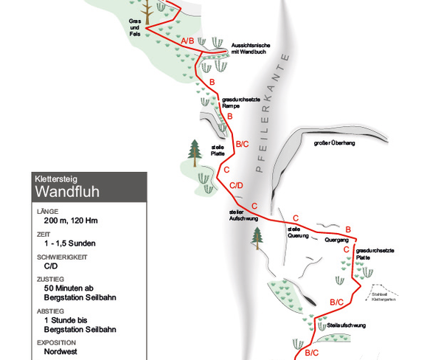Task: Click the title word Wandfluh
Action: tap(67, 192)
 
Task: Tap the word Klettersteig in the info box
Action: tap(56, 179)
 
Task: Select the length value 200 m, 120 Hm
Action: tap(71, 221)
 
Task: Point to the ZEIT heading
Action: tap(44, 235)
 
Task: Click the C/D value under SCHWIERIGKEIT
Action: tap(51, 266)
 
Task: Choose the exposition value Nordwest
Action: tap(60, 352)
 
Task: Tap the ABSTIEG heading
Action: tap(51, 311)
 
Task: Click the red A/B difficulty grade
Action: tap(187, 41)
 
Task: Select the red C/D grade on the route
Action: tap(237, 186)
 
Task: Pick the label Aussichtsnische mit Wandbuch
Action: tap(251, 49)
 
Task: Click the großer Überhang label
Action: tap(335, 143)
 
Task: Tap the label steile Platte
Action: tap(218, 150)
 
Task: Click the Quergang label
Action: tap(337, 240)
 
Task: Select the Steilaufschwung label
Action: tap(346, 325)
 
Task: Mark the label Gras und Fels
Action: tap(135, 27)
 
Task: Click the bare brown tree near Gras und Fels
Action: tap(147, 13)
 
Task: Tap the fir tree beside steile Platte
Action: tap(195, 153)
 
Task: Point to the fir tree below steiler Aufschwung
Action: tap(257, 238)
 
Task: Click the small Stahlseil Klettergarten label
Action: tap(383, 297)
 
